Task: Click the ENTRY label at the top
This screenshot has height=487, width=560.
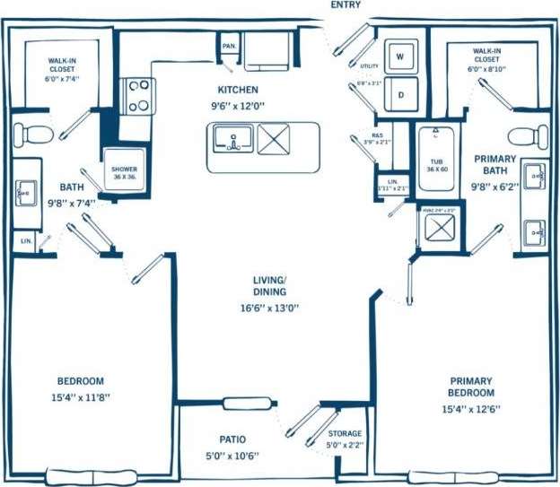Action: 346,5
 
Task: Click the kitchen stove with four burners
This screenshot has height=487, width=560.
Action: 138,96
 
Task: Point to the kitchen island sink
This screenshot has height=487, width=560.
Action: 232,140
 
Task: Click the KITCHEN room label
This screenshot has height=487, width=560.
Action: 238,90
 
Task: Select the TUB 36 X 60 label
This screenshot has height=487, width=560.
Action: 434,166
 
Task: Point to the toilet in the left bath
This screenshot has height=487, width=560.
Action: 37,135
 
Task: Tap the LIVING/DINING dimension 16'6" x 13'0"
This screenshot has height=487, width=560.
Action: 269,308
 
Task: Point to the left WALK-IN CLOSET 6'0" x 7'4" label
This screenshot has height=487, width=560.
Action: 64,70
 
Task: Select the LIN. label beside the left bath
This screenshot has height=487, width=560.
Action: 26,241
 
